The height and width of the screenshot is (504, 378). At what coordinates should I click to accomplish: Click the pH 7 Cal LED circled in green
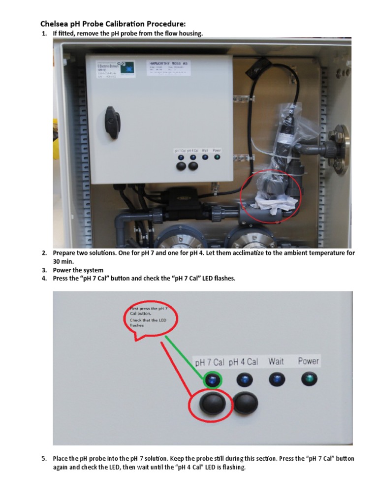click(213, 380)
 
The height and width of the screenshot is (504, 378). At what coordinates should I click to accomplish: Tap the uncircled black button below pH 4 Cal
click(245, 404)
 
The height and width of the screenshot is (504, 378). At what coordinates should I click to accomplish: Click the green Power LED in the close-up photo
click(309, 379)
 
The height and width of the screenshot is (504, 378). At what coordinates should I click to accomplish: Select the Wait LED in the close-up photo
click(277, 379)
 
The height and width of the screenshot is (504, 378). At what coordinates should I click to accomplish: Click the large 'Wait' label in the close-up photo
click(276, 361)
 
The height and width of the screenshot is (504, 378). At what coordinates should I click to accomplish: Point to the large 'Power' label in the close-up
click(309, 361)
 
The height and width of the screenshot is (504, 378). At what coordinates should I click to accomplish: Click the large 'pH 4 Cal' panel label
click(243, 362)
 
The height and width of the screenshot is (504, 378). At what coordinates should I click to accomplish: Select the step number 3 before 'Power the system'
click(44, 270)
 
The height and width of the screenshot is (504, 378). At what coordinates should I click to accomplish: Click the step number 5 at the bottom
click(44, 459)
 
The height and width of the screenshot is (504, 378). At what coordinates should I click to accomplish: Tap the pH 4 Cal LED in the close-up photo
click(245, 379)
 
